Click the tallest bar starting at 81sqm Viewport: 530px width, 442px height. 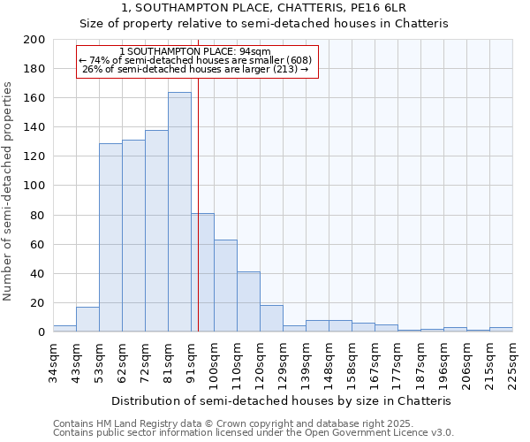pyautogui.click(x=179, y=212)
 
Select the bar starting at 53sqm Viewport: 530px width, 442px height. pyautogui.click(x=110, y=238)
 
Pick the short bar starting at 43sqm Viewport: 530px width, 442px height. pyautogui.click(x=87, y=319)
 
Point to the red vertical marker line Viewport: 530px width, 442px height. pyautogui.click(x=198, y=221)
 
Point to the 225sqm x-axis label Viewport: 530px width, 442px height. pyautogui.click(x=512, y=359)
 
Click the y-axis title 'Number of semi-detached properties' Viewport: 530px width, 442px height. pyautogui.click(x=8, y=191)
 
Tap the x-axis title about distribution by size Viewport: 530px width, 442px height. pyautogui.click(x=283, y=400)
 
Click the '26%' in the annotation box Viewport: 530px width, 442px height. pyautogui.click(x=91, y=69)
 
